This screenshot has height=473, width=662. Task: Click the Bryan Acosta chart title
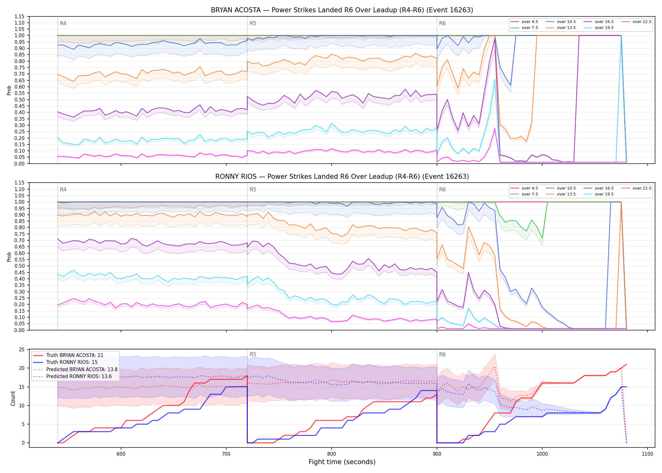coord(342,10)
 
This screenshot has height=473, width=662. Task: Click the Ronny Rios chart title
coord(342,177)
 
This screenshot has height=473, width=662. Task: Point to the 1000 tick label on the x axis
coord(542,454)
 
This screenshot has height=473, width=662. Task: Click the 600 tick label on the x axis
coord(121,454)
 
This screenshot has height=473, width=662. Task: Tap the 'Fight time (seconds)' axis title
coord(342,462)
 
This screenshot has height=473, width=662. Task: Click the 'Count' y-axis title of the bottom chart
coord(13,398)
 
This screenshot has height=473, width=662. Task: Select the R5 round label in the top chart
coord(253,23)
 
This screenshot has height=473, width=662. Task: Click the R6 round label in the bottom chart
coord(442,354)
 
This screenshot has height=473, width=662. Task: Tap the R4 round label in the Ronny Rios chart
coord(63,190)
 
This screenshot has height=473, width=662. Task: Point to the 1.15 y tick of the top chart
coord(20,16)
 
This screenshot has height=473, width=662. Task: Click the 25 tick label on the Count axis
coord(22,349)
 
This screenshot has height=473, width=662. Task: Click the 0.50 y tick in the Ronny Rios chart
coord(20,266)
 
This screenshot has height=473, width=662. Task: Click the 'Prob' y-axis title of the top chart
coord(9,90)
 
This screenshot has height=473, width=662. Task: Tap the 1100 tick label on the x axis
coord(647,454)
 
